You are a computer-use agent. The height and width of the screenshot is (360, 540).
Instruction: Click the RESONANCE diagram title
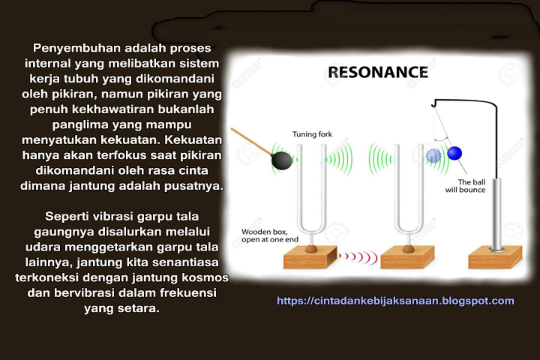click(x=377, y=73)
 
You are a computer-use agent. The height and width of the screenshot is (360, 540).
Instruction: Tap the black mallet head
click(x=281, y=160)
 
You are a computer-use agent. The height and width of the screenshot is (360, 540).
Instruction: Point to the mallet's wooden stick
click(x=251, y=142)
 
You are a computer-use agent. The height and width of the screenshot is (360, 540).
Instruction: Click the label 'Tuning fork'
click(x=311, y=134)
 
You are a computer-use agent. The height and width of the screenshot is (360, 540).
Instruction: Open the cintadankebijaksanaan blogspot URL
click(x=395, y=301)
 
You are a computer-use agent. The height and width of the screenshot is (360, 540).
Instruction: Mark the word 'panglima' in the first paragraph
click(x=70, y=124)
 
